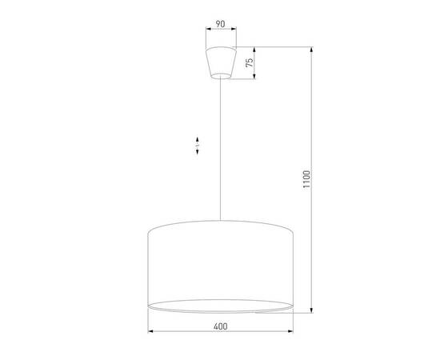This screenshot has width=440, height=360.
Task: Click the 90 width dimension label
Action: coord(219,25)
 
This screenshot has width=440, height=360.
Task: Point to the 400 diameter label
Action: coord(221,326)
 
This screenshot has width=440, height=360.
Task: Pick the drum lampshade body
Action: coord(221,264)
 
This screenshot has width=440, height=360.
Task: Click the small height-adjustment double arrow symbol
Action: coord(196,146)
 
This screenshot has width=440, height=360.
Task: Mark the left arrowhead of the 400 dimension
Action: coord(152,332)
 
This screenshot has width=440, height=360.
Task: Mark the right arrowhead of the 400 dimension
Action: coord(291,332)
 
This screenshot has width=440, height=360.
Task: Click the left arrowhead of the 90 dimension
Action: coord(206,31)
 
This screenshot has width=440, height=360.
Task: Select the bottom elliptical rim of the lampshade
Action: coord(221,306)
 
